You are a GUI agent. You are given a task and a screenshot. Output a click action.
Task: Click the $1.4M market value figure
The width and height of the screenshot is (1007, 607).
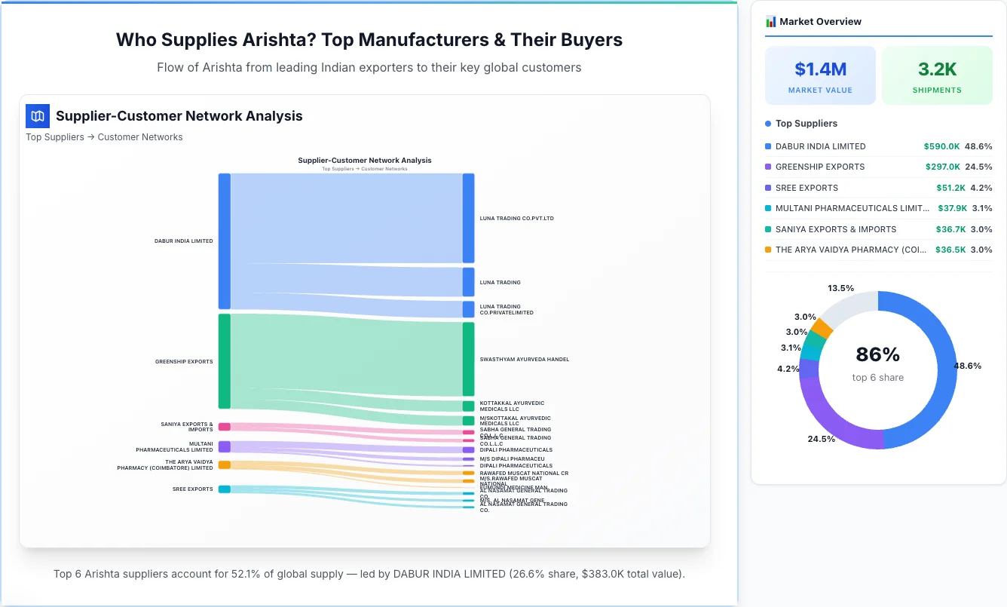coord(820,69)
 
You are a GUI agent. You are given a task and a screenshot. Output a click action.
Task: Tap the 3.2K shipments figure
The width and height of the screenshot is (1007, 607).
coord(937,69)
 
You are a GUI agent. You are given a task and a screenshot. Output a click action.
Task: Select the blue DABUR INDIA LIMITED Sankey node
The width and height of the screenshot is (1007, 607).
coord(224,241)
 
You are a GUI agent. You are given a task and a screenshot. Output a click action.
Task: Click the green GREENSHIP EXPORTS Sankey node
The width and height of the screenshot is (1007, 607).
coord(224,361)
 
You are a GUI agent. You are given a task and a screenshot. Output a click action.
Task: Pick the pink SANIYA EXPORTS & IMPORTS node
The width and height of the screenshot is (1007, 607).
coord(224,427)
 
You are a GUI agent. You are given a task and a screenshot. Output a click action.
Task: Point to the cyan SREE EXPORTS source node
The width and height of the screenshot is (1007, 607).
coord(224,489)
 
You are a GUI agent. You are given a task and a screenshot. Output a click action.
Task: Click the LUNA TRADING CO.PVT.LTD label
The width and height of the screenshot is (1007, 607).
coord(516,219)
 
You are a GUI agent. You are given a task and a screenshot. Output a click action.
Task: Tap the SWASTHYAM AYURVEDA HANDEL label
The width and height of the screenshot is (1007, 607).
coord(524,360)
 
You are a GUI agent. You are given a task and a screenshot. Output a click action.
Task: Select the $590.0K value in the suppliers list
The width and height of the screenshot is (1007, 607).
coord(941,146)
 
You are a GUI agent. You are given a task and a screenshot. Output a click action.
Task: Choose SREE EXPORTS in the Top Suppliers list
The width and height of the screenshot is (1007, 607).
coord(807,188)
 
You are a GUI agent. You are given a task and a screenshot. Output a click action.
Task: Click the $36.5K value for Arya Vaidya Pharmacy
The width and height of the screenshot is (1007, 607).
coord(950,250)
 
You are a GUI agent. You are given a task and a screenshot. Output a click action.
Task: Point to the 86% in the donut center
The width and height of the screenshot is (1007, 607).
coord(877,354)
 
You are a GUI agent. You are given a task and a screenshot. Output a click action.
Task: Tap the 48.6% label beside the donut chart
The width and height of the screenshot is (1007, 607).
coord(968,366)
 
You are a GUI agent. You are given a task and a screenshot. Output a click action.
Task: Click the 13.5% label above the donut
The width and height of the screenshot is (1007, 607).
coord(840,288)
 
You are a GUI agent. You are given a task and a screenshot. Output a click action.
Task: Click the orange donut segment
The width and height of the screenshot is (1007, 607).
coord(822,328)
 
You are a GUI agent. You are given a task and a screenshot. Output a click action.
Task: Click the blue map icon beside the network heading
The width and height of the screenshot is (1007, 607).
coord(38,116)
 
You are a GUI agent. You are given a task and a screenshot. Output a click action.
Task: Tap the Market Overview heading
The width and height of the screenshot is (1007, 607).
coord(820,22)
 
